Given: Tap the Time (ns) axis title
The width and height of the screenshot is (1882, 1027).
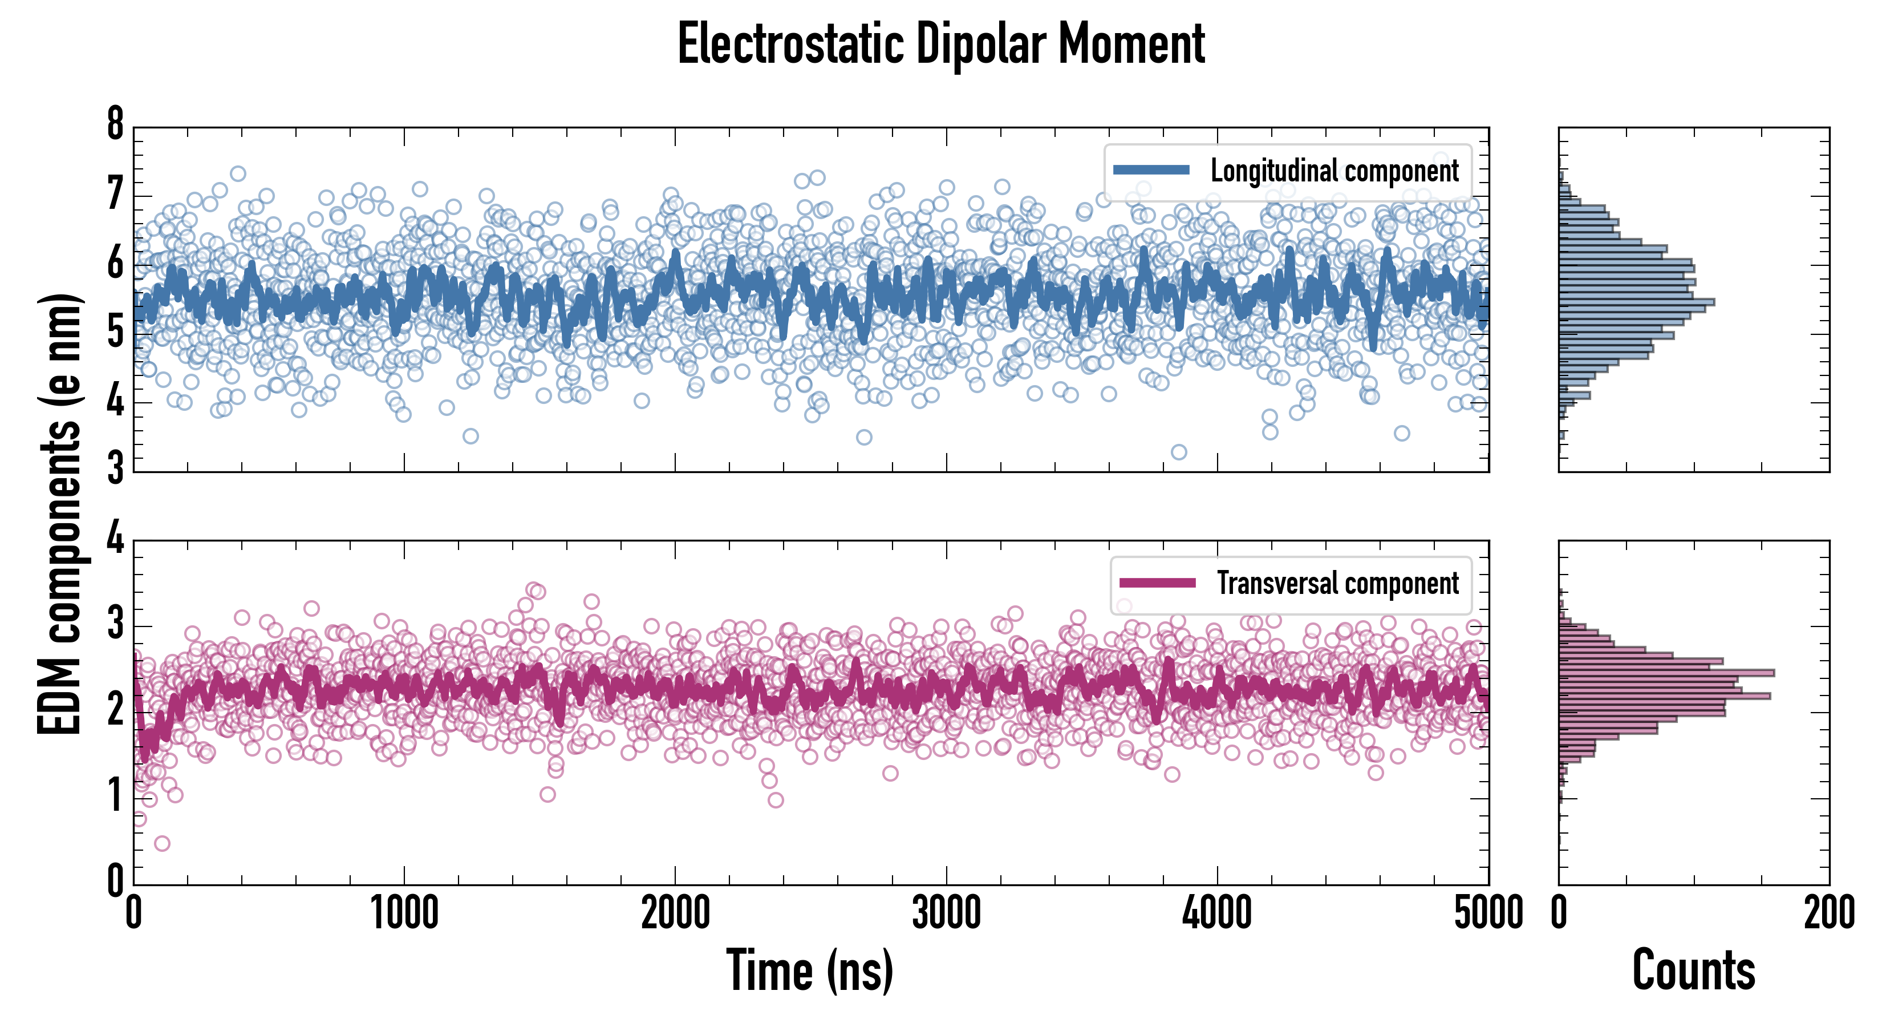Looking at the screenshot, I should point(809,970).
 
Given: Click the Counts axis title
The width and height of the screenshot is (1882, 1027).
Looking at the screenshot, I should point(1693,970).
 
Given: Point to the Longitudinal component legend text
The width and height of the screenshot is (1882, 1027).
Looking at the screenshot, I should point(1334,171).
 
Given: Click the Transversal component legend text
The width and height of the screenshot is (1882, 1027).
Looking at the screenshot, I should point(1337,583).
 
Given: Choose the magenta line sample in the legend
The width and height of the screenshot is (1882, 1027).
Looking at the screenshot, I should point(1157,583).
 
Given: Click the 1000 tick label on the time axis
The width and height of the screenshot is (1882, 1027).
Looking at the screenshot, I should point(404,913).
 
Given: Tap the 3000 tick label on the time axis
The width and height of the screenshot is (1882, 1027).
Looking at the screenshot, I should point(946,913).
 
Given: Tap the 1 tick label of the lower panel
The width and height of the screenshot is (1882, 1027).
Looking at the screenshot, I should point(115,795).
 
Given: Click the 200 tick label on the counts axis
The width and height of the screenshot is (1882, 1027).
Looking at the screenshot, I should point(1828,913).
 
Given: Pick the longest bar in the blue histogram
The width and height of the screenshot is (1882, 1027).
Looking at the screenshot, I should point(1637,302).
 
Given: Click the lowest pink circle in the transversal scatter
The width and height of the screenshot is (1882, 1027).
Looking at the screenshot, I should point(162,843).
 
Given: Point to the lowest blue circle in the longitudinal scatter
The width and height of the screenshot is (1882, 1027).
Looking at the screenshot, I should point(1178,452).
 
